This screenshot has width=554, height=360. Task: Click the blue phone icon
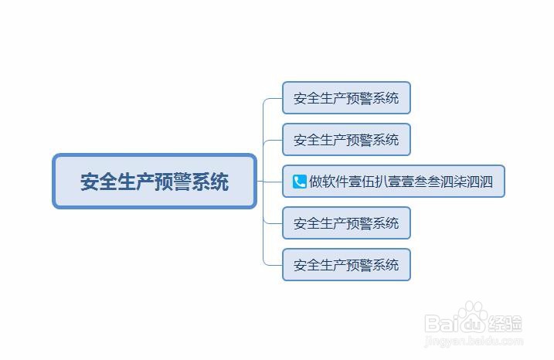click(300, 182)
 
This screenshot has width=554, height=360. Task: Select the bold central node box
click(155, 182)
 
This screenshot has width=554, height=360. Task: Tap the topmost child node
click(345, 98)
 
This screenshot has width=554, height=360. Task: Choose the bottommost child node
click(345, 265)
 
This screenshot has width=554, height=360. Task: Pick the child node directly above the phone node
click(345, 140)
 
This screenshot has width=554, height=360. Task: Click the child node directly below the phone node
click(345, 223)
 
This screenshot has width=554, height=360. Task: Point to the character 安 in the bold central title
click(90, 182)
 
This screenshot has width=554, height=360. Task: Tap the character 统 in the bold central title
click(219, 182)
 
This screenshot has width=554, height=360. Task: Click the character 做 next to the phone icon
click(317, 182)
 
